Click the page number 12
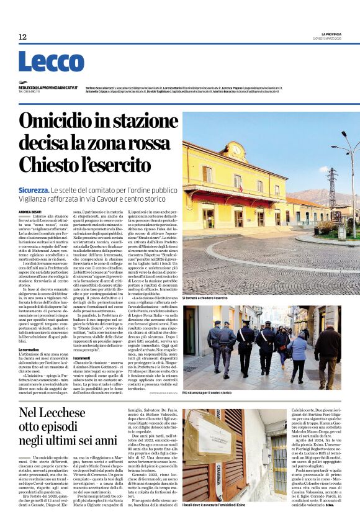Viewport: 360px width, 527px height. [22, 37]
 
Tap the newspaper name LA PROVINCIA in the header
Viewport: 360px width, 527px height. [331, 33]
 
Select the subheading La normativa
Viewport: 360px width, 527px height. [30, 350]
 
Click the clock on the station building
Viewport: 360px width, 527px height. [236, 148]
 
